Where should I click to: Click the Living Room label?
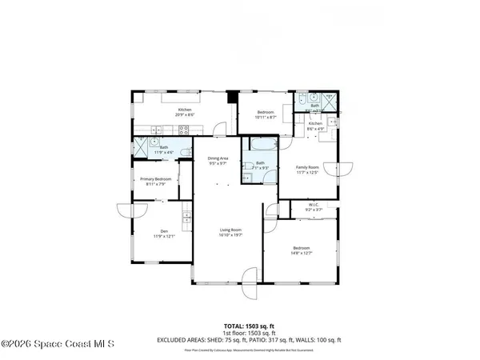coord(230,230)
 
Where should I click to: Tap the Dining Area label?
coord(218,158)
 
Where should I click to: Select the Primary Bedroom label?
coord(157,179)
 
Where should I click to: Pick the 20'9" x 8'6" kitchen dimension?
coord(185,115)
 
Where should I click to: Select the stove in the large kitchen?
coord(183,129)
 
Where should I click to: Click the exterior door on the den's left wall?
coord(128,211)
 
